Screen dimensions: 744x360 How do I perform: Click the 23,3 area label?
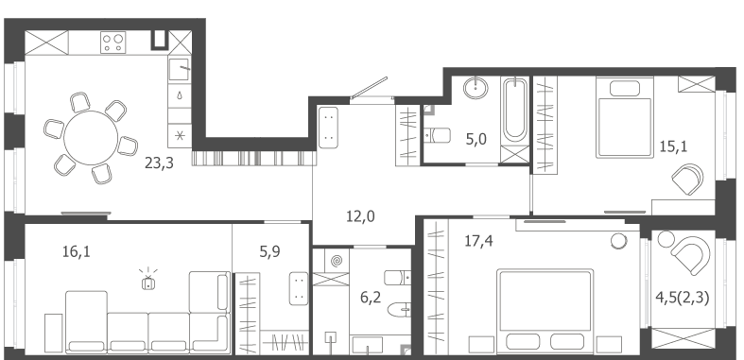(x=159, y=163)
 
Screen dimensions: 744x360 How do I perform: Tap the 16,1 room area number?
(x=76, y=252)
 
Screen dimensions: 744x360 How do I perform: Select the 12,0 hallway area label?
(x=360, y=216)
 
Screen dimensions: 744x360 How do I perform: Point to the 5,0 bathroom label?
(x=476, y=140)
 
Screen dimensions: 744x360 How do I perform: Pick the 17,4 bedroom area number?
(x=478, y=242)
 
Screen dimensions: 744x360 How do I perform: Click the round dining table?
(x=91, y=138)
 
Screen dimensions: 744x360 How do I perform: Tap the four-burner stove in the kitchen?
(x=112, y=43)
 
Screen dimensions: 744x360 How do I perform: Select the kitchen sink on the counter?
(x=180, y=70)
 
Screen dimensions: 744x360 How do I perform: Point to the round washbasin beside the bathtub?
(x=476, y=88)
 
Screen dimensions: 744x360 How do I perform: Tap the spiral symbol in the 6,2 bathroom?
(x=337, y=261)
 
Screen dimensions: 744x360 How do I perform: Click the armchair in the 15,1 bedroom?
(x=687, y=180)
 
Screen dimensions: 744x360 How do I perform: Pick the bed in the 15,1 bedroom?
(x=625, y=117)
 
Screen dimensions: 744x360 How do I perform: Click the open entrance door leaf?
(x=369, y=88)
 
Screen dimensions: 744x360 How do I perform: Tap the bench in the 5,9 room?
(x=299, y=288)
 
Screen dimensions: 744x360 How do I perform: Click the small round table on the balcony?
(x=666, y=239)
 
